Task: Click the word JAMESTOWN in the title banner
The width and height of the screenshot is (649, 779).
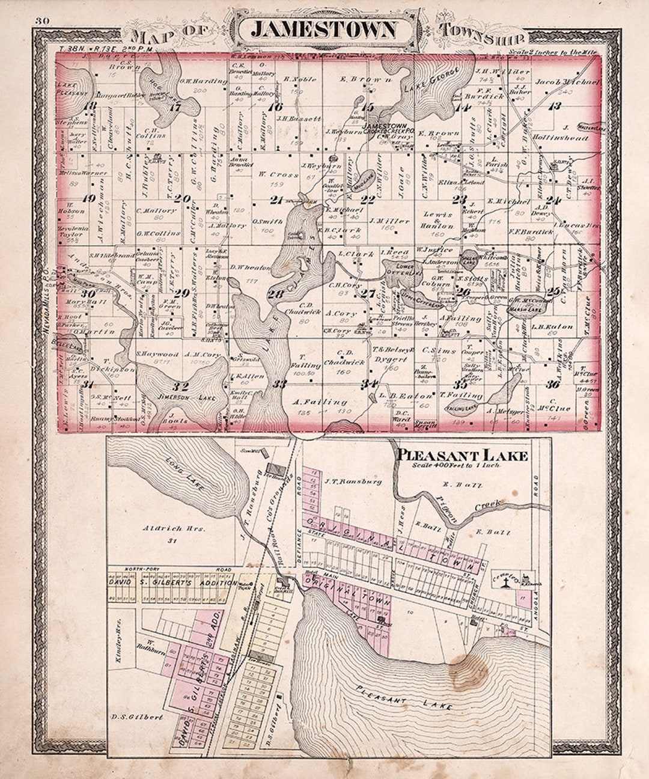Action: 323,29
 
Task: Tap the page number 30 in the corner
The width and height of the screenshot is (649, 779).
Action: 42,22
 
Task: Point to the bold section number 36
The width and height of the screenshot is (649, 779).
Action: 552,384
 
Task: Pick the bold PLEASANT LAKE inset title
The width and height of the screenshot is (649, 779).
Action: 462,455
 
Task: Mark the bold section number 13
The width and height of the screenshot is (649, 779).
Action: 555,106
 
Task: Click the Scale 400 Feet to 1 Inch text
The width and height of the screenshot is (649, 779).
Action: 461,465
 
